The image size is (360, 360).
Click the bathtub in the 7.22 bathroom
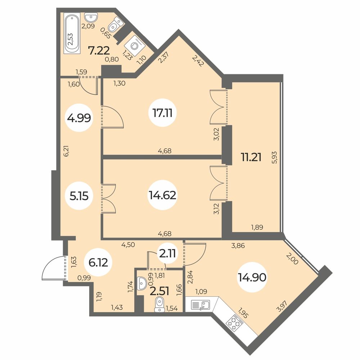click(72, 33)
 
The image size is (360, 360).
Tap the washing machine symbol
click(135, 46)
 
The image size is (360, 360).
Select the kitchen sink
click(201, 305)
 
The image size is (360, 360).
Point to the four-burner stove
click(234, 324)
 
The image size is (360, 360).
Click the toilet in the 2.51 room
click(159, 305)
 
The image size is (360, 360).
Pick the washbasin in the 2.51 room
click(141, 283)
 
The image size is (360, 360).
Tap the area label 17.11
click(163, 113)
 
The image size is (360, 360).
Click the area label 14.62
click(163, 195)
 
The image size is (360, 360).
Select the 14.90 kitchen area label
click(252, 277)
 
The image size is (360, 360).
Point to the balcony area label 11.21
click(251, 157)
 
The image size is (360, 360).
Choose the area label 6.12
click(98, 262)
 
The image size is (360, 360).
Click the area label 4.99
click(79, 118)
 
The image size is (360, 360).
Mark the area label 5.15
click(79, 196)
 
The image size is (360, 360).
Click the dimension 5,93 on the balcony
click(274, 157)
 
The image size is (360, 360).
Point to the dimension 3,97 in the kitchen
click(282, 306)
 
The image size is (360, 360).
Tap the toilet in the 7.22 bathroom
click(116, 24)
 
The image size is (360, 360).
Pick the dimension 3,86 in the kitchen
click(238, 246)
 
